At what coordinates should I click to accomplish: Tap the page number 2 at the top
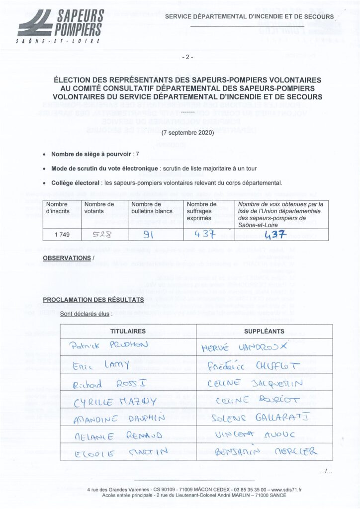pos(187,57)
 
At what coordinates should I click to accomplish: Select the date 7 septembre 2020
pos(187,133)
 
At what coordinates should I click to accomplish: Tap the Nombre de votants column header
pos(99,208)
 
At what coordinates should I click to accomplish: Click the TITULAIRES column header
pos(128,331)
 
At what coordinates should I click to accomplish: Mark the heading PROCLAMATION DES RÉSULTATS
pos(93,300)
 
